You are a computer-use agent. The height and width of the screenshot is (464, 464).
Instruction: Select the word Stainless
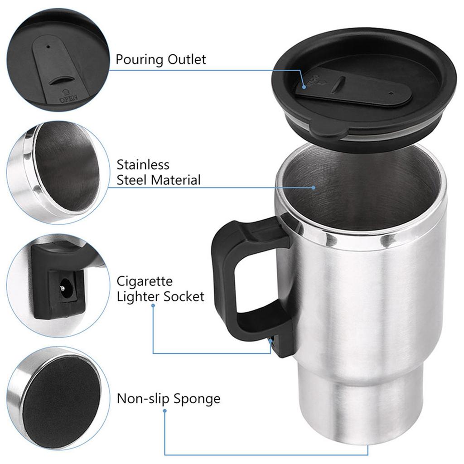[x=143, y=164]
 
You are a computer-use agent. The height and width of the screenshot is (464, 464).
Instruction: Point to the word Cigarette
[x=145, y=281]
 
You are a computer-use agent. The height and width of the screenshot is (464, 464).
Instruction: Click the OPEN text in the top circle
[x=68, y=96]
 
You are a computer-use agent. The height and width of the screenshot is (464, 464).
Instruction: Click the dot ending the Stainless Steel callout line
[x=313, y=187]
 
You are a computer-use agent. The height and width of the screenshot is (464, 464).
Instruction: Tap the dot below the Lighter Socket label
[x=153, y=306]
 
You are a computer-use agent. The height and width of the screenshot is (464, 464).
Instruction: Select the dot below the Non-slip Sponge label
[x=164, y=411]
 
